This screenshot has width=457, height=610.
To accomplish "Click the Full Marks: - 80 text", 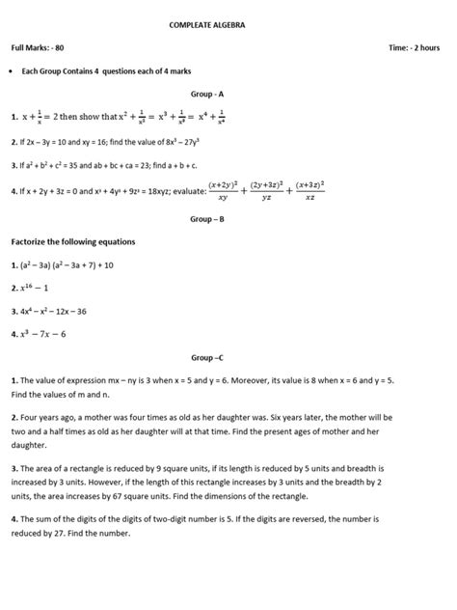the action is [38, 47].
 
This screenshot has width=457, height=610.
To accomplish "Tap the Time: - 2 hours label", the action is [414, 47].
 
